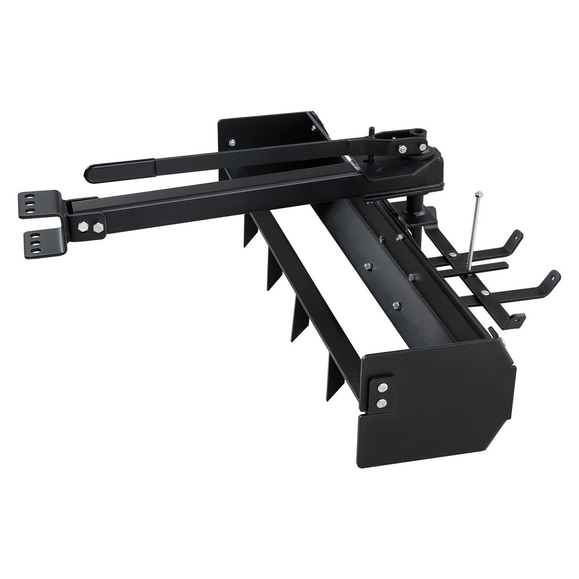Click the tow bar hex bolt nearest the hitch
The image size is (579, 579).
[83, 227]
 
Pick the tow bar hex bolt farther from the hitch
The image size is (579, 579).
[98, 227]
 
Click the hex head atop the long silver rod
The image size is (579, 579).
[478, 194]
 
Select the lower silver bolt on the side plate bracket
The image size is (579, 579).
[381, 403]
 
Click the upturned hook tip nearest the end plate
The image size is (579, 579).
[552, 278]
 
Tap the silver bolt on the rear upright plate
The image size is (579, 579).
[232, 143]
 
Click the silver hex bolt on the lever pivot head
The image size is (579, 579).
[402, 148]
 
